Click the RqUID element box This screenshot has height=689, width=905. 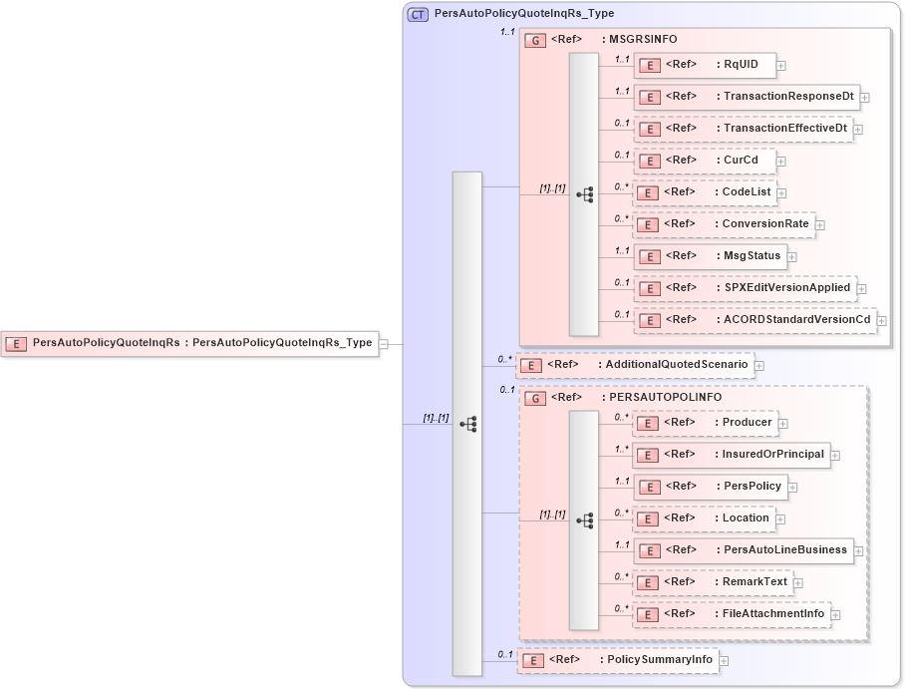tap(704, 65)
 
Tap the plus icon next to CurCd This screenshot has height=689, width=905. tap(781, 162)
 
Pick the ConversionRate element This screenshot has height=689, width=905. tap(724, 224)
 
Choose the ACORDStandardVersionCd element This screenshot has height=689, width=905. tap(754, 320)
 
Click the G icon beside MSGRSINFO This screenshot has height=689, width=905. tap(535, 40)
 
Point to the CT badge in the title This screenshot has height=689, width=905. tap(418, 14)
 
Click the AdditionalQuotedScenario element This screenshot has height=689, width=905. tap(634, 365)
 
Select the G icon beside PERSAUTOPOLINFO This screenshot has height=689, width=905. tap(535, 398)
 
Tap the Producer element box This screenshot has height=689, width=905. tap(705, 423)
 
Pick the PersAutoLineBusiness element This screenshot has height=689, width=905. tap(743, 550)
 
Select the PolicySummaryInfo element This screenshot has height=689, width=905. tap(617, 660)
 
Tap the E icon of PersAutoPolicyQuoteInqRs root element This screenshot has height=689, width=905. tap(16, 344)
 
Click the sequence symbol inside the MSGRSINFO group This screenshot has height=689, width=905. tap(585, 194)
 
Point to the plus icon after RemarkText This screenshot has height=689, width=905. tap(798, 583)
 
